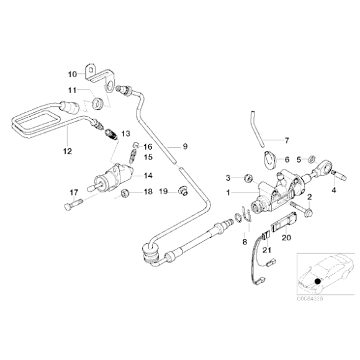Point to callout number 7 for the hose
(286, 140)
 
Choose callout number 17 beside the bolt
(73, 191)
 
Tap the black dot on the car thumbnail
(317, 281)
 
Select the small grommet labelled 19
(182, 190)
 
